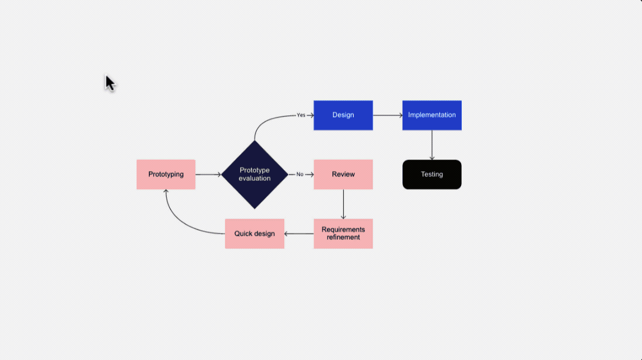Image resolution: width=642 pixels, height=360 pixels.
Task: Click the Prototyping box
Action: coord(166,174)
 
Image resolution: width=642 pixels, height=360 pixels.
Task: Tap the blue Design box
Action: coord(343,115)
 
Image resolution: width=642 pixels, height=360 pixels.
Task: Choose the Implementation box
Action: coord(432,115)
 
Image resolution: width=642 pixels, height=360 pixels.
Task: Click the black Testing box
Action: coord(432,175)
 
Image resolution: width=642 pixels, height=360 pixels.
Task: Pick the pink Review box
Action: coord(343,174)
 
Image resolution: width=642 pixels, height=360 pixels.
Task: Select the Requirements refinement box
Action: coord(343,233)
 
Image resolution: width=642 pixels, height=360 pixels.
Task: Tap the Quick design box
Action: coord(255,233)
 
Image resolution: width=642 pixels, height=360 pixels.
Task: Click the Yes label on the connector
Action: coord(301,115)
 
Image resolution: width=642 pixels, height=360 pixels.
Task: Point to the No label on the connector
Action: coord(300,174)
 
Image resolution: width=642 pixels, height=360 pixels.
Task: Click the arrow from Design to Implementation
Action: coord(387,115)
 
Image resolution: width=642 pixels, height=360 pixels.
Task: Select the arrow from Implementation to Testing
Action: coord(432,145)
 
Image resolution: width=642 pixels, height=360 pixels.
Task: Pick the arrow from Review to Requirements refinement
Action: coord(343,204)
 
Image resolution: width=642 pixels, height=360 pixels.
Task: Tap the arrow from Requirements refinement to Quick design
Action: coord(299,233)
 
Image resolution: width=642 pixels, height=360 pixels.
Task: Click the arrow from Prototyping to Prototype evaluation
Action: coord(208,175)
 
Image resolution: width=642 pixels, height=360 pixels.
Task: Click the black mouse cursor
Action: coord(110,83)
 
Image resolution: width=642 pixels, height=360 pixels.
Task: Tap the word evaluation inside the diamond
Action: coord(255,179)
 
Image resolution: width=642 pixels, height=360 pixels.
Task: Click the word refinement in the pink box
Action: coord(343,237)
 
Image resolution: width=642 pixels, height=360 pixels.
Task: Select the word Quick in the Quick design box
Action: coord(244,233)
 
